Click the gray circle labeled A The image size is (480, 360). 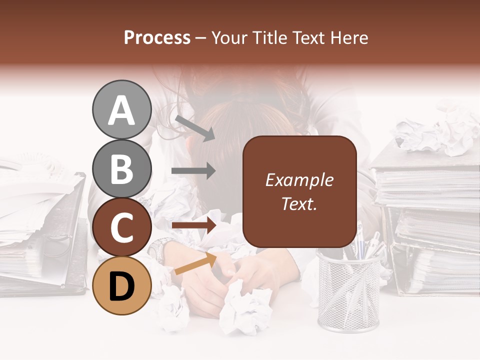coord(121,109)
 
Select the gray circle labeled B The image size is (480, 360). coord(121,169)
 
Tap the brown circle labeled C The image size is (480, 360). coord(121,227)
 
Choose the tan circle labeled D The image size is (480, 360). coord(121,285)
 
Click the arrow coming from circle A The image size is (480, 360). coord(194,128)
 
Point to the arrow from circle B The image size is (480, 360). coord(193,171)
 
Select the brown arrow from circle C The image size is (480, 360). coord(193,225)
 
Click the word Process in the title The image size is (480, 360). coord(157,37)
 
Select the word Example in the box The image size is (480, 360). coord(299,180)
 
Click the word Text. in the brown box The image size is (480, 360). coord(299,203)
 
